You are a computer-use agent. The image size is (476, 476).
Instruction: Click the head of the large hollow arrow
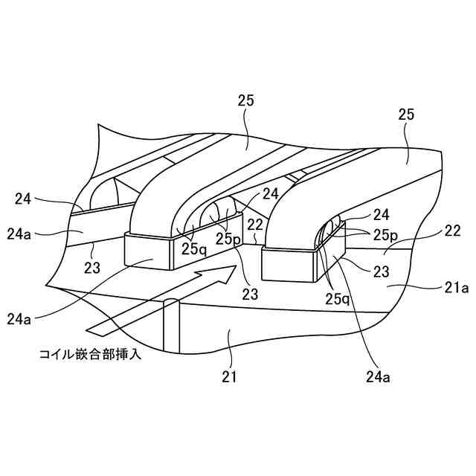tap(216, 280)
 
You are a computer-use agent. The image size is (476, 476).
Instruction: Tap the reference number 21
tap(229, 376)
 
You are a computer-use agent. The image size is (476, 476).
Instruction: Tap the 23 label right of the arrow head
tap(250, 294)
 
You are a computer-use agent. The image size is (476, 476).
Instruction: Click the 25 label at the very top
tap(245, 102)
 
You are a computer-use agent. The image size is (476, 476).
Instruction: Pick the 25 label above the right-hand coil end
tap(405, 115)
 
